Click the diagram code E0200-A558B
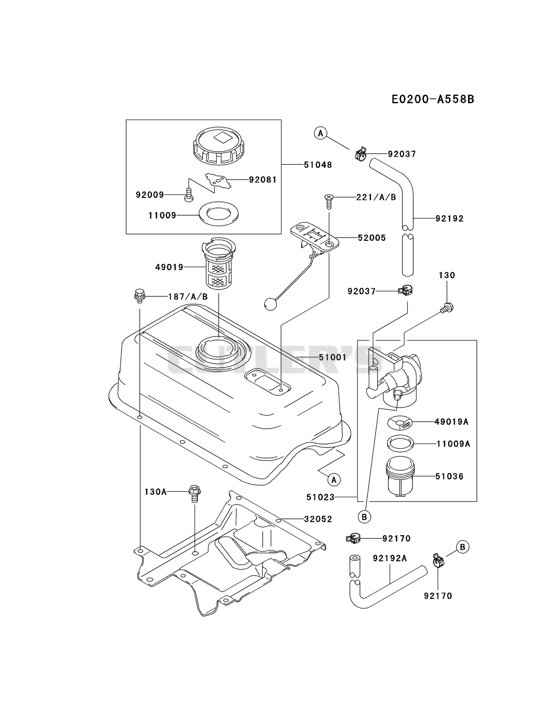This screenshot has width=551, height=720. click(433, 99)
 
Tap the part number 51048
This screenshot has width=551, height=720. click(318, 165)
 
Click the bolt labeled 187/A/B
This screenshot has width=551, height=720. click(139, 296)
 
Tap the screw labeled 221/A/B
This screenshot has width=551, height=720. click(329, 201)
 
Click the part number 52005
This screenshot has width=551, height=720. click(372, 238)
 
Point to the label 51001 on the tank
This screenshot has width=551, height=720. click(332, 357)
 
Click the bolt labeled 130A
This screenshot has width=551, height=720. click(194, 494)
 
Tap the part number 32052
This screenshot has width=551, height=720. click(318, 519)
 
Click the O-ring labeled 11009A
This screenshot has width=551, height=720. click(400, 443)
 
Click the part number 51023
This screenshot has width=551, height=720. click(320, 497)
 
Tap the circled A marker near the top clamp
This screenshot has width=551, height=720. click(320, 133)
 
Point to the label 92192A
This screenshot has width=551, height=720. click(390, 558)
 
